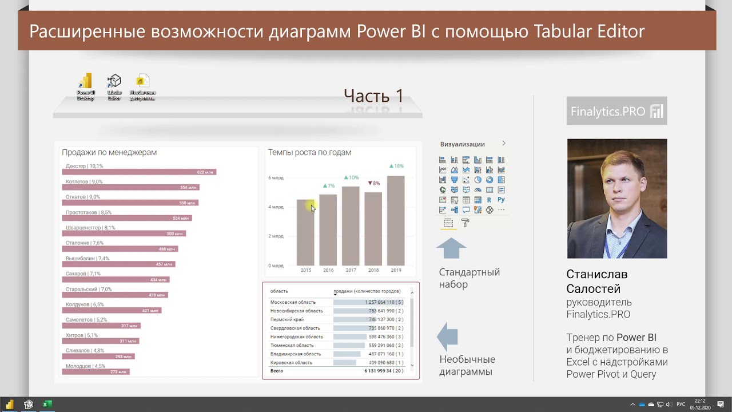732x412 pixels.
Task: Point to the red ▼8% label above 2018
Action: point(373,183)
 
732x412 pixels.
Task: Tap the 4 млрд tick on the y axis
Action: point(276,207)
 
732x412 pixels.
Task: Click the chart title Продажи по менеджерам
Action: point(109,152)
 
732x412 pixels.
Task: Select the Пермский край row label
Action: point(287,319)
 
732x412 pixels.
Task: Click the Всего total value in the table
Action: point(383,371)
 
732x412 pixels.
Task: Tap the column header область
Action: point(279,291)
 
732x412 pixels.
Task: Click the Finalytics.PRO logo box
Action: point(616,111)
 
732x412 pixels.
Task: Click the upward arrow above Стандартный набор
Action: point(451,249)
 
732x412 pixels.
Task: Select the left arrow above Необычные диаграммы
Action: point(448,336)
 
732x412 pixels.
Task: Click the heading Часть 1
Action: point(373,96)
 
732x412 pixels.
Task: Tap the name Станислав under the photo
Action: point(596,275)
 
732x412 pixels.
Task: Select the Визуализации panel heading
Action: point(462,144)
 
